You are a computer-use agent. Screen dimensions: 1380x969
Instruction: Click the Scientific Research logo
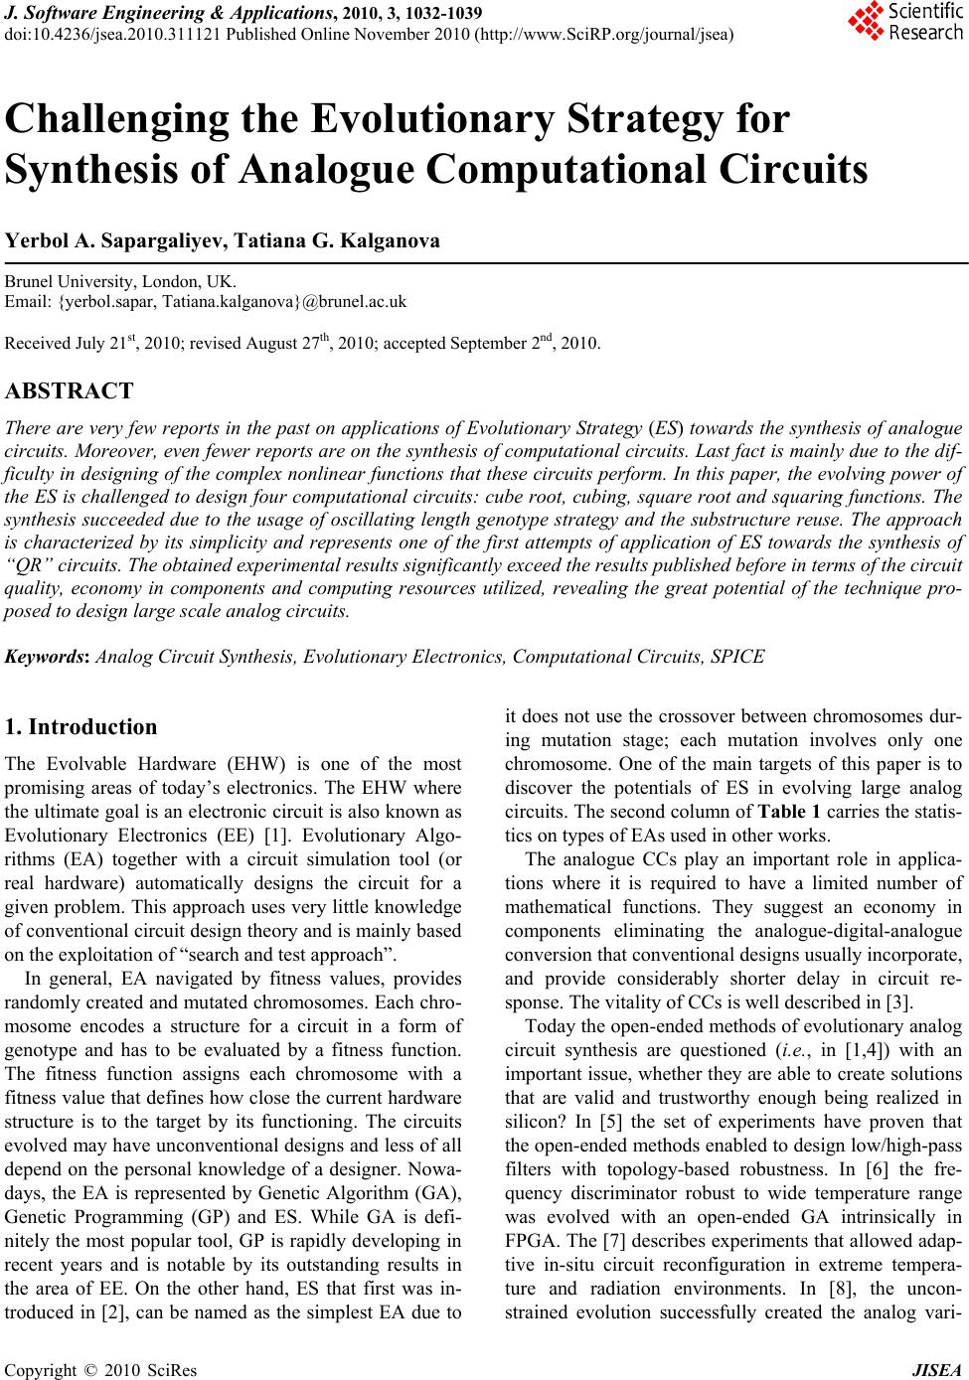tap(905, 22)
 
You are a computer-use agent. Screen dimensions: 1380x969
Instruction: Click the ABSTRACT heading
tap(70, 390)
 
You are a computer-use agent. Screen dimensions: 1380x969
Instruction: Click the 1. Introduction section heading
tap(81, 726)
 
